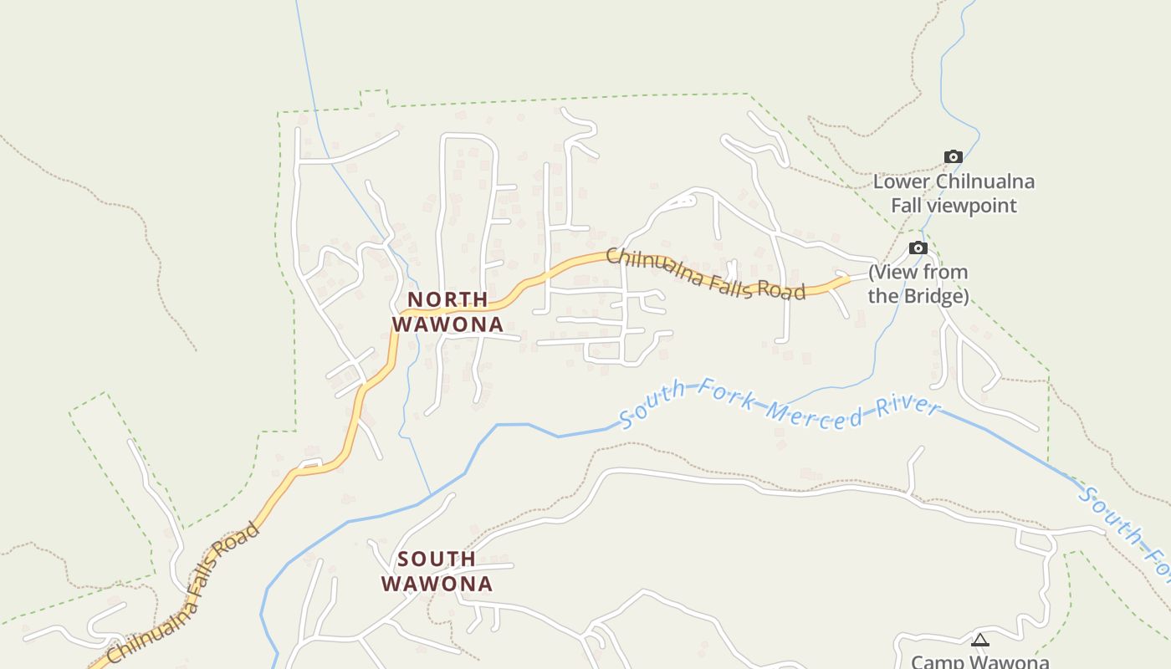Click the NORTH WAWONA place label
[447, 312]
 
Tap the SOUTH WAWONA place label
[437, 571]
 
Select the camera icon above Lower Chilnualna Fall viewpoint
[953, 157]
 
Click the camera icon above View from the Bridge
[918, 248]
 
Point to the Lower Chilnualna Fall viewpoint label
[954, 193]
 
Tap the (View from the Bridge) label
[918, 284]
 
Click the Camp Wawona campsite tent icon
[979, 641]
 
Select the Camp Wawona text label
[979, 661]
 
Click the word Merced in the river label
[816, 415]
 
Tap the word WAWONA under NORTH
[447, 324]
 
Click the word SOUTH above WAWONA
[437, 559]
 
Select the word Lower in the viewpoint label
[901, 181]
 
